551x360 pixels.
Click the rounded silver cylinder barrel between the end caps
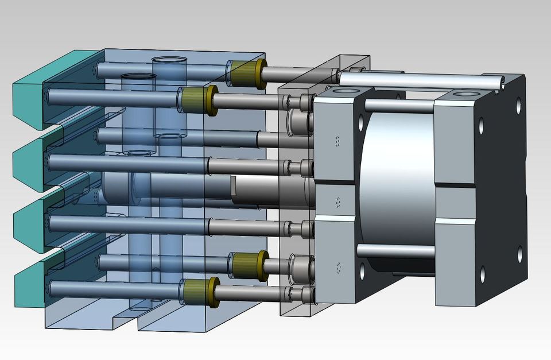(396, 184)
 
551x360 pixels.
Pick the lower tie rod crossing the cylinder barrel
(396, 251)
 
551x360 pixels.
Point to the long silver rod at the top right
(419, 80)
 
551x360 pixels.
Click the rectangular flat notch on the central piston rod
(233, 185)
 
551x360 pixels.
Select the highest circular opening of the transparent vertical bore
(169, 61)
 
